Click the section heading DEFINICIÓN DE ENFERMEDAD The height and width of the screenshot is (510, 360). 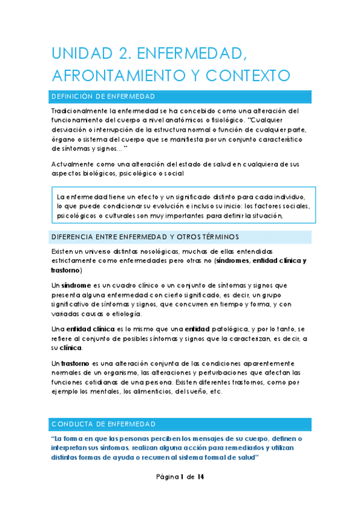click(104, 96)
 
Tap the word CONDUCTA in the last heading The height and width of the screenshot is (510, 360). click(72, 425)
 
